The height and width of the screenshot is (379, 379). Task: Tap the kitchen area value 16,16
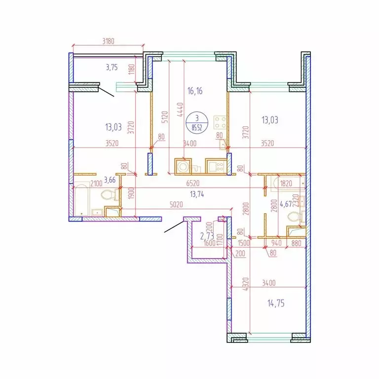[196, 91]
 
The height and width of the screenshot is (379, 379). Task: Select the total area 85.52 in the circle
[197, 125]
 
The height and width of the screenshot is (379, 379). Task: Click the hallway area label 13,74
[197, 193]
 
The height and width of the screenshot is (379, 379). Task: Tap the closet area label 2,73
[207, 237]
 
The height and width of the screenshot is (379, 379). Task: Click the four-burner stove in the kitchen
[220, 123]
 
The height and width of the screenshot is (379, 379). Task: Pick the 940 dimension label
[277, 243]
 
